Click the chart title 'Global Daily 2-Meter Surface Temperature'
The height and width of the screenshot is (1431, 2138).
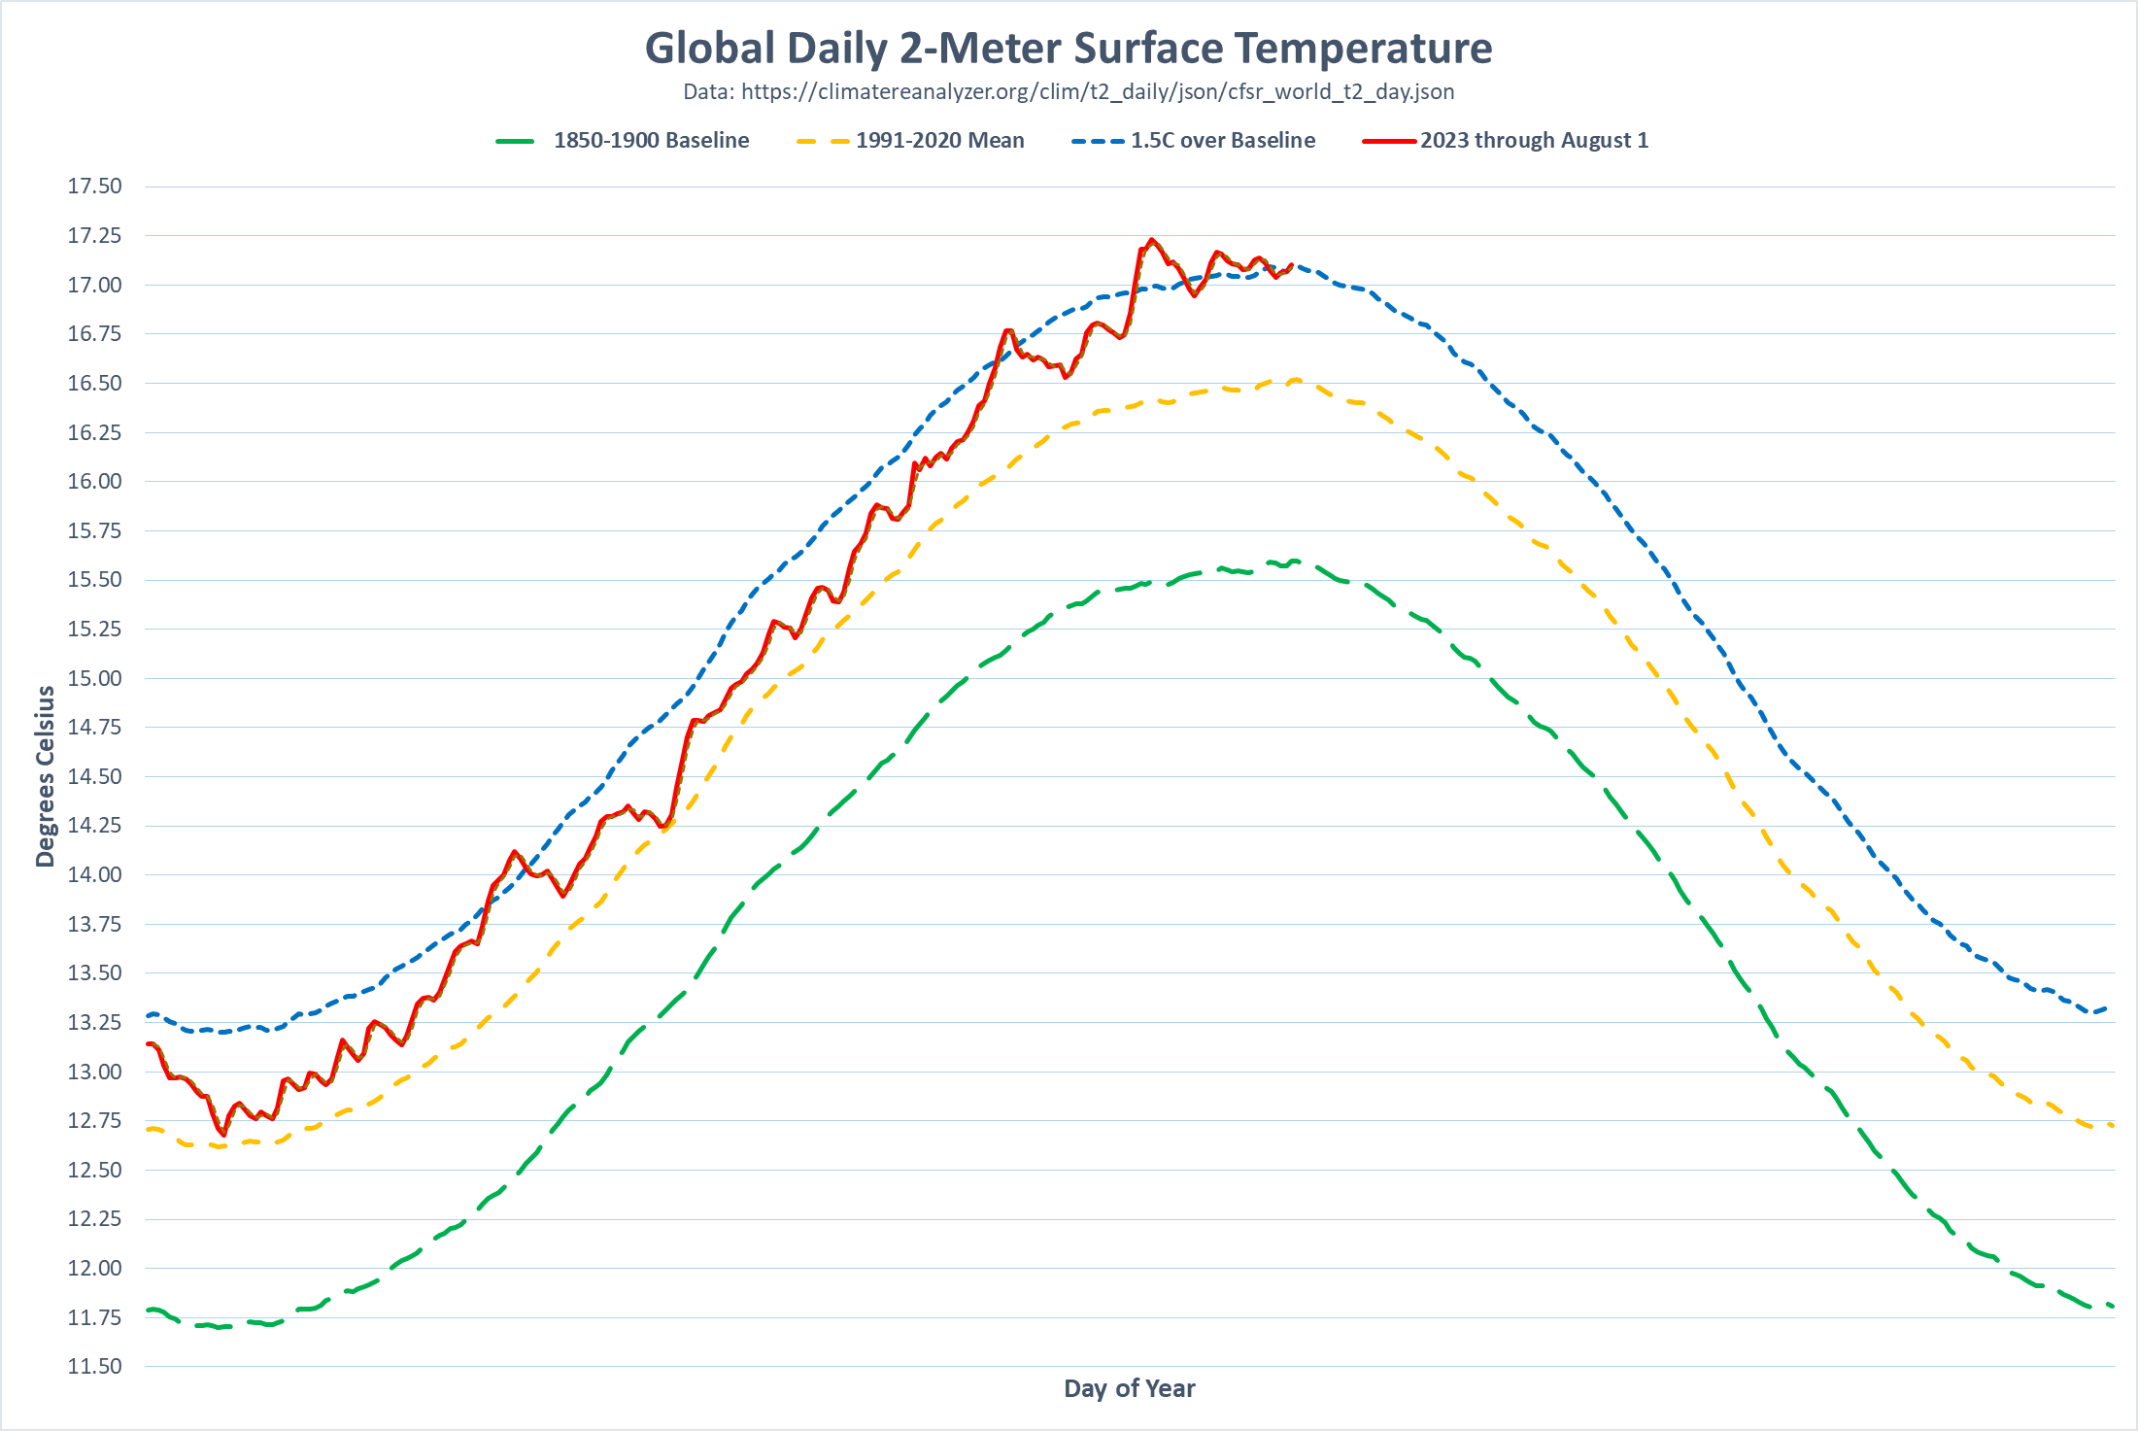point(1069,49)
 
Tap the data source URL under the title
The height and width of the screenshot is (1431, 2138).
point(1069,92)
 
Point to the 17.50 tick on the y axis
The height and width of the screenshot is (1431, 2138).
point(94,187)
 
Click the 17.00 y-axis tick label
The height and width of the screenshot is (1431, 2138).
point(94,285)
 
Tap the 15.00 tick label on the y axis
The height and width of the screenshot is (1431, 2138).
point(94,678)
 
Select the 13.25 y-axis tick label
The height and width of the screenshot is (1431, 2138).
point(94,1022)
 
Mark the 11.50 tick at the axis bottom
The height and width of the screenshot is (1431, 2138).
point(94,1366)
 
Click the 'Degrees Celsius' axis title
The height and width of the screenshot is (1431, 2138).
point(45,775)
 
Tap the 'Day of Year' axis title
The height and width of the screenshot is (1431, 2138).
point(1129,1388)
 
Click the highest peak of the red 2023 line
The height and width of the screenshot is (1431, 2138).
point(1152,239)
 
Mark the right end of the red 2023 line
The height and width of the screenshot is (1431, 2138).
point(1291,264)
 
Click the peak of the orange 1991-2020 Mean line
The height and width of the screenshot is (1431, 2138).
point(1296,380)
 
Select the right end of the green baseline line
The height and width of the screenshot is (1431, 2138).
point(2112,1307)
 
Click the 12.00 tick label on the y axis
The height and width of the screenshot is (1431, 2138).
point(94,1268)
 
